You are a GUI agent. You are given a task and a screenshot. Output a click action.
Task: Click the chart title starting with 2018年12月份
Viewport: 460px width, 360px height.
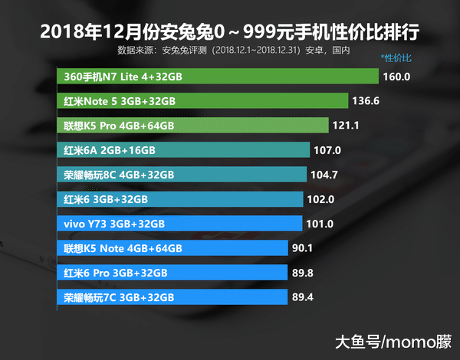point(230,31)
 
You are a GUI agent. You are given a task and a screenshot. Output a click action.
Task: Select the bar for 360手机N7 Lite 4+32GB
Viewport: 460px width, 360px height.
point(218,77)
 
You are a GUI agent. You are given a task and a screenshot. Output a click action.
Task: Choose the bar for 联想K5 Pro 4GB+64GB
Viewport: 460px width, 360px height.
point(192,126)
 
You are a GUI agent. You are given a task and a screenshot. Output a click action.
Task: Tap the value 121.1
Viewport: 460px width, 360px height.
point(346,126)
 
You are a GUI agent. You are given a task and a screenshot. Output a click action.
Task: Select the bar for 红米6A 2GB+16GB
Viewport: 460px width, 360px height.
point(183,150)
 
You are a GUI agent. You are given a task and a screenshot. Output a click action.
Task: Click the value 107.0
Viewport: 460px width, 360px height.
point(327,150)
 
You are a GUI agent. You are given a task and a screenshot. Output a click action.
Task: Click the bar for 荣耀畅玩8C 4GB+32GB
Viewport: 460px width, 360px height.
point(182,175)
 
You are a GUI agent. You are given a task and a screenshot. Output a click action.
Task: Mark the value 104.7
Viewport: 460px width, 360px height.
point(324,175)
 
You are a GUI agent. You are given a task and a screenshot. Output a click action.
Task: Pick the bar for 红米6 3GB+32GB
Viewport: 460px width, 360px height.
point(180,199)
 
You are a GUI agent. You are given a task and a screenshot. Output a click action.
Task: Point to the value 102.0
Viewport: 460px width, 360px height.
point(320,199)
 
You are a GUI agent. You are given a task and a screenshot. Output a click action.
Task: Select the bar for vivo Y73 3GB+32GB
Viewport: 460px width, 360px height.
point(179,224)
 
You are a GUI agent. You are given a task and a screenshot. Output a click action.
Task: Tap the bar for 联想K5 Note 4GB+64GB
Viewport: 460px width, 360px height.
point(172,248)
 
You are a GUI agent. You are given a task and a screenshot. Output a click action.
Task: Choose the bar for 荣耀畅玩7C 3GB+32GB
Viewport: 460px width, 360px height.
point(172,297)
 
